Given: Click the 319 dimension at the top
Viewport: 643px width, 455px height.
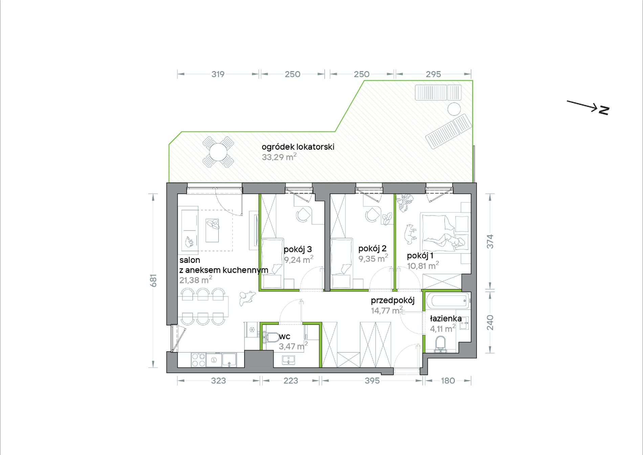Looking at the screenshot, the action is [218, 74].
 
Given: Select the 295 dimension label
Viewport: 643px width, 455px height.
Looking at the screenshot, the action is [434, 74].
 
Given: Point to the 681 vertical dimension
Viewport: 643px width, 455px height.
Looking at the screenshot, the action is [154, 281].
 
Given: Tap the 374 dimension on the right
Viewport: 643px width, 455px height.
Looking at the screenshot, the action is [490, 242].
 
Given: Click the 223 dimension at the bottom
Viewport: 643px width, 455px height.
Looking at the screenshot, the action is [291, 381].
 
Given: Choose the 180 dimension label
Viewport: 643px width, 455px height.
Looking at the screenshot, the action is [448, 381].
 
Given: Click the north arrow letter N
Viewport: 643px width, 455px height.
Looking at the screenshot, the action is [604, 110].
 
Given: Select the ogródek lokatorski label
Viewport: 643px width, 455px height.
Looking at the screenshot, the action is [298, 147].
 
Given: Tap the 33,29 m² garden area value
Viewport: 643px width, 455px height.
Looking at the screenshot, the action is [279, 157].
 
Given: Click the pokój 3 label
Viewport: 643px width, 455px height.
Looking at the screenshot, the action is [298, 250].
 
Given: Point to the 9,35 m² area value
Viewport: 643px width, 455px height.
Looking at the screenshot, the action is [373, 258].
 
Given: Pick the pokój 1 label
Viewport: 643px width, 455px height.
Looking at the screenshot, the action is [420, 256].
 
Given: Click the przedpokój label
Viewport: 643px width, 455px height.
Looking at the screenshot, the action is [393, 301].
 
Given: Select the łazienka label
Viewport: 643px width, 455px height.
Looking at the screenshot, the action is [446, 318].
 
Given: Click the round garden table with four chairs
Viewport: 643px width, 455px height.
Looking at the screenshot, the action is [218, 152].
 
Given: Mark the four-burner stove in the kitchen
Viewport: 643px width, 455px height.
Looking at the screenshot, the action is [198, 360].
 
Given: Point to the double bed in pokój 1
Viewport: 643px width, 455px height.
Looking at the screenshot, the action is [445, 233].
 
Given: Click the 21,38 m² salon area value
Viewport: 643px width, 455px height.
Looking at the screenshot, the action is [196, 280].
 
